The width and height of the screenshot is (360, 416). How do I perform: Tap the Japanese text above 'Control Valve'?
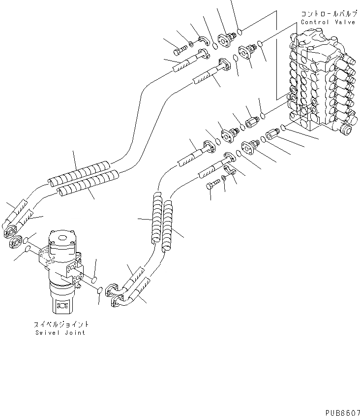pos(326,14)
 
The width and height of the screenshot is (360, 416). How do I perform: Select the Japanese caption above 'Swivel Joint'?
pos(61,324)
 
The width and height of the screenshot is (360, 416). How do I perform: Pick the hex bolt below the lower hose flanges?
pos(211,186)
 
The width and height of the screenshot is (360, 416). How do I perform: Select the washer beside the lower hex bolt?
pos(223,178)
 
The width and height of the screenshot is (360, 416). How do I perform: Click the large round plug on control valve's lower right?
pos(347,130)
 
